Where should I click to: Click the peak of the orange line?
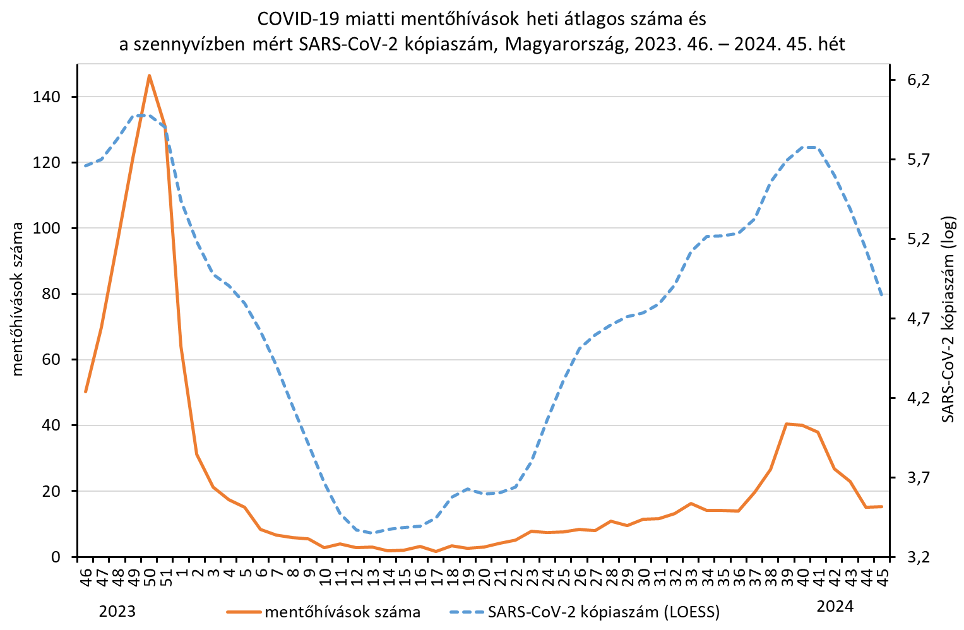tap(149, 76)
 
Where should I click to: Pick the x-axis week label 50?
tap(149, 576)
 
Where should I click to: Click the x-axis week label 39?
tap(787, 576)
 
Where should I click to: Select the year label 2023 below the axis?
tap(117, 611)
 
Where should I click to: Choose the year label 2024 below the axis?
tap(835, 607)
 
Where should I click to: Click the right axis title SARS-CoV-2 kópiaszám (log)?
tap(948, 319)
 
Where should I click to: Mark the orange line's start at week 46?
tap(86, 392)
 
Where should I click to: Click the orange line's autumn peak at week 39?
tap(787, 424)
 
